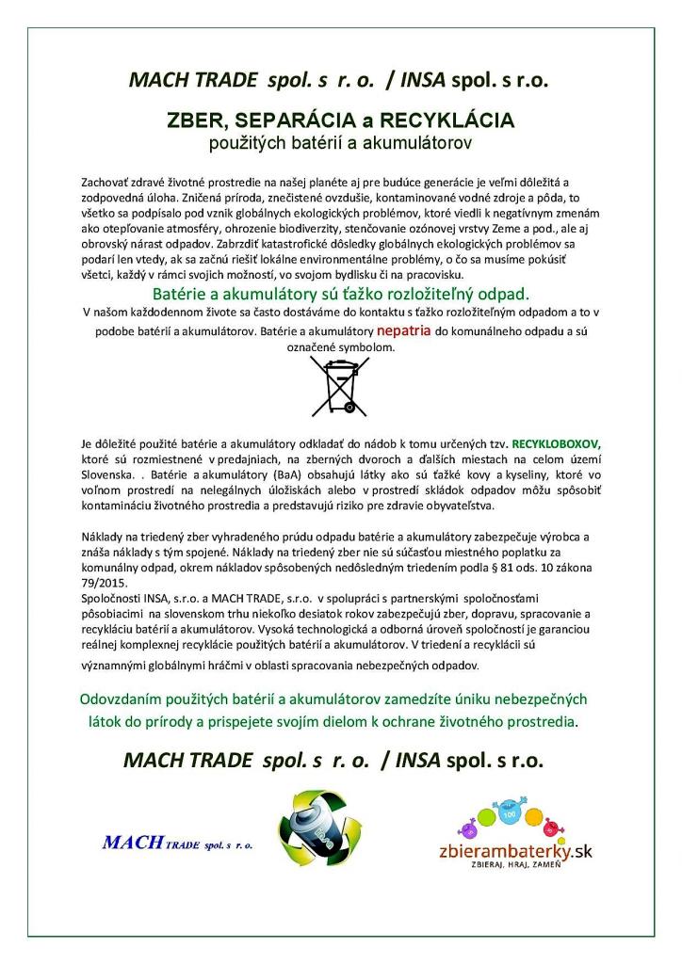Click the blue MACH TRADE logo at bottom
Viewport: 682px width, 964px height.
(177, 843)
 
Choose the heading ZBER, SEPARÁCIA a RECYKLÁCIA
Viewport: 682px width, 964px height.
(340, 121)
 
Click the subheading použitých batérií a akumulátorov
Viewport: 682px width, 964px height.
(340, 143)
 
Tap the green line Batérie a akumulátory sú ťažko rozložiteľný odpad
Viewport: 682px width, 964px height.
(340, 293)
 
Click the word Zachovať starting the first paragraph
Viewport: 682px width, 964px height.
(108, 180)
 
